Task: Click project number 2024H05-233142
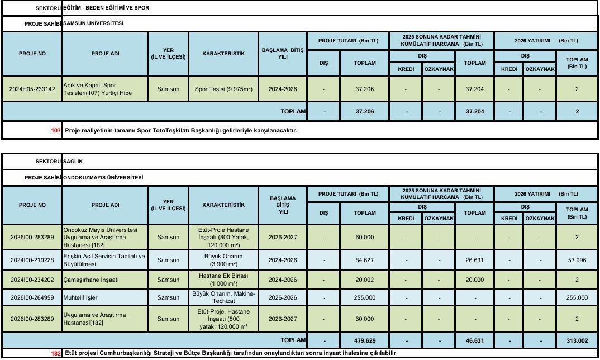pos(32,89)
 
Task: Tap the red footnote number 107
pos(55,131)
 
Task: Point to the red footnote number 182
pos(55,353)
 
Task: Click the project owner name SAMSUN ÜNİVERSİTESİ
pos(93,24)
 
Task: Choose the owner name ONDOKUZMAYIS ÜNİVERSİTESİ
pos(103,177)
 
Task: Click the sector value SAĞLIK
pos(73,161)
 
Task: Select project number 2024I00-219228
pos(32,260)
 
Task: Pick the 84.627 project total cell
pos(365,260)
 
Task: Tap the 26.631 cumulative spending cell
pos(475,260)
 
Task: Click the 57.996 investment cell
pos(577,260)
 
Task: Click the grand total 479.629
pos(365,340)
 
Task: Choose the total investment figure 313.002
pos(577,340)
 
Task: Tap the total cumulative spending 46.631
pos(475,340)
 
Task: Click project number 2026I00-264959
pos(32,297)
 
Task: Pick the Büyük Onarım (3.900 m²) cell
pos(223,260)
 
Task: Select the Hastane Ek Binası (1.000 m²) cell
pos(223,279)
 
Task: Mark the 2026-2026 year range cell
pos(283,297)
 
